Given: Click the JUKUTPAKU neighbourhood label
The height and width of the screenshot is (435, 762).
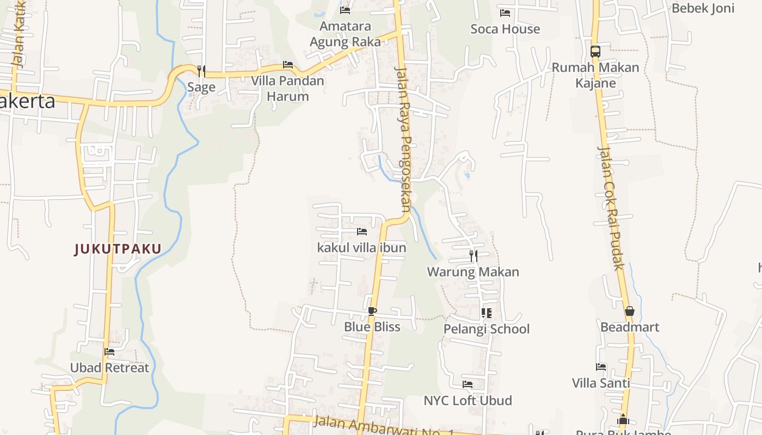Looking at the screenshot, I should pos(118,249).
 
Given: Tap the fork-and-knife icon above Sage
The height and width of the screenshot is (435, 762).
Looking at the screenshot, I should pos(201,71).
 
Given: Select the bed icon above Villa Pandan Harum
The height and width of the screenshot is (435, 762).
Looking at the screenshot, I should pos(288,65).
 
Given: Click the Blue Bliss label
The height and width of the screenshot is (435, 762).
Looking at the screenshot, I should pos(372,327).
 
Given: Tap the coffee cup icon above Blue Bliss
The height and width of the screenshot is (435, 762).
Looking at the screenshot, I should pos(372,311).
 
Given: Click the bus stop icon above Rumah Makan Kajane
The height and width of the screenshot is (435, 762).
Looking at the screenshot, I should pos(595,52).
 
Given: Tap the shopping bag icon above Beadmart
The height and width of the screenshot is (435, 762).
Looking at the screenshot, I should pos(630,311).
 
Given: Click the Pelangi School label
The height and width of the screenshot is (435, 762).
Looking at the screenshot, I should pos(487,329).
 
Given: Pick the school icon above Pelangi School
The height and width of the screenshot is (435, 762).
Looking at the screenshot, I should pos(487,313).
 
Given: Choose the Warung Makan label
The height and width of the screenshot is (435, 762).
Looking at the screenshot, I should pos(473,272).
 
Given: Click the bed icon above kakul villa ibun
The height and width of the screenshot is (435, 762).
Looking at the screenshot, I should pos(362,232).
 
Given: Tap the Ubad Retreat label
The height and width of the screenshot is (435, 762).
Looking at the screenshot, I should pos(109,368).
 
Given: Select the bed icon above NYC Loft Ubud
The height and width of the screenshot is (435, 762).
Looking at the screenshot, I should pos(468,384).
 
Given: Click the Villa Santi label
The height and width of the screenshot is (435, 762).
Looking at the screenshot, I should pos(601,383).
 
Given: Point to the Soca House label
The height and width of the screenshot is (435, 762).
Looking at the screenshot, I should pos(505,29).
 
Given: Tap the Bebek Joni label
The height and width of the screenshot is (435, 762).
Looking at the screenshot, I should pos(703,8).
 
